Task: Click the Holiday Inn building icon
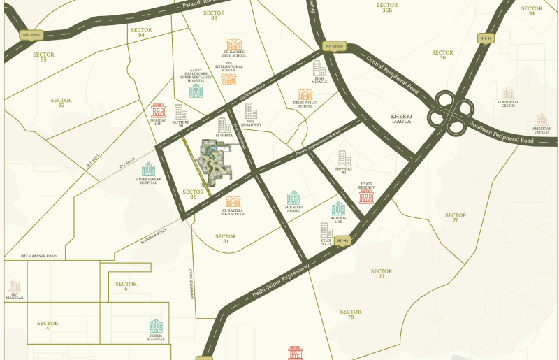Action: click(158, 110)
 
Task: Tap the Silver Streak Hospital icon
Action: click(148, 169)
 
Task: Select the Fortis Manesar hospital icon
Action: click(156, 326)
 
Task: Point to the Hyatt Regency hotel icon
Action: click(366, 196)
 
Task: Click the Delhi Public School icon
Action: click(305, 95)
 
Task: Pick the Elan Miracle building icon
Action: click(319, 69)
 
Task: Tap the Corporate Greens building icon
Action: click(508, 93)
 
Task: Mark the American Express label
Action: click(542, 130)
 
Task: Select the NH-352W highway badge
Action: click(31, 34)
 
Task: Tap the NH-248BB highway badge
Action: click(335, 46)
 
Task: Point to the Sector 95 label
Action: click(43, 57)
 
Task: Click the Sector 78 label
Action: click(351, 315)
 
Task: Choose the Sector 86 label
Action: click(193, 194)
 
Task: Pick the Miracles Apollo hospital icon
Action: click(293, 199)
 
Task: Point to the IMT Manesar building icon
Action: click(14, 285)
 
